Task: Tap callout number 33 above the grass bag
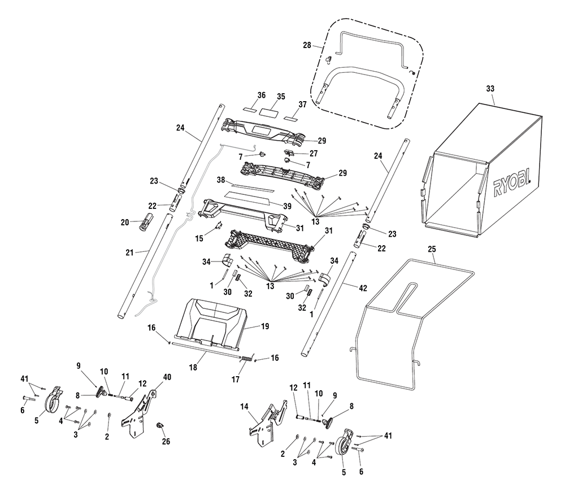point(490,89)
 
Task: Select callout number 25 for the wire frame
point(432,249)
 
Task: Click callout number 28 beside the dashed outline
point(307,45)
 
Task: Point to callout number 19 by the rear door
point(265,326)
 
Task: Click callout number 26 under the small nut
point(166,442)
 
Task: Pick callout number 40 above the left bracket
point(167,377)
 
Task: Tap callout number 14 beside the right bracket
point(244,407)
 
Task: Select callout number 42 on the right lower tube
point(363,288)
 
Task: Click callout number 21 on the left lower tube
point(129,253)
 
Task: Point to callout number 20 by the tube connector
point(125,223)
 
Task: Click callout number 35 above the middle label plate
point(281,97)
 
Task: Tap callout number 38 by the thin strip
point(221,180)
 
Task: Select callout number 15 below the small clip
point(199,238)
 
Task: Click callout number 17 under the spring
point(235,380)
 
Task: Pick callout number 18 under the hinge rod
point(193,368)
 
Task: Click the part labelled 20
point(146,222)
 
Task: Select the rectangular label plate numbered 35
point(268,111)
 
